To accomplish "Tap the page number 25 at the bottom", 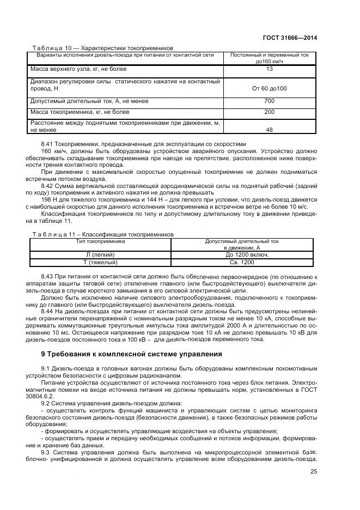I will pos(314,472).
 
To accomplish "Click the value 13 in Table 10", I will pos(270,69).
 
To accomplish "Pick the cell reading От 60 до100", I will pos(270,88).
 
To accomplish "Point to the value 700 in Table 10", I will pos(270,101).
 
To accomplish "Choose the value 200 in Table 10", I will pos(270,112).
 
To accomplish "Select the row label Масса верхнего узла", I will pos(78,69).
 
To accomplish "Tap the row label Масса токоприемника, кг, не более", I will pos(80,112).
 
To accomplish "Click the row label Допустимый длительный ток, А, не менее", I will pos(89,101).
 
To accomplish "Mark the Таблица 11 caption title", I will pos(103,234).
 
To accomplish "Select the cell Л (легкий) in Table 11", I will pos(101,254).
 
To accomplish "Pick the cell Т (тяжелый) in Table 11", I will pos(101,263).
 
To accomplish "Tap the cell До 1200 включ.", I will pos(242,254).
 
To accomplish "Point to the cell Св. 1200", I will pos(242,263).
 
